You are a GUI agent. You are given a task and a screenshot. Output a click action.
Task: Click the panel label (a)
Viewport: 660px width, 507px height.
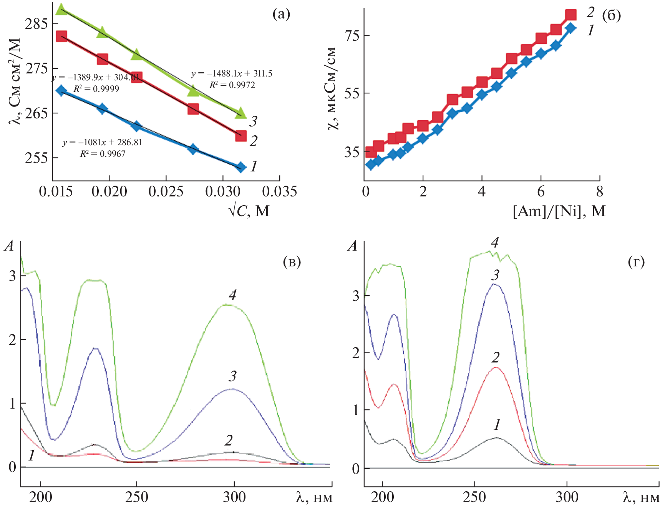click(281, 14)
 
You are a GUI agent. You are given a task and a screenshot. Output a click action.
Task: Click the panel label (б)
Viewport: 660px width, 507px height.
click(611, 15)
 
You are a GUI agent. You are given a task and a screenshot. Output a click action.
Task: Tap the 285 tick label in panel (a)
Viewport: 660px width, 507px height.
click(36, 24)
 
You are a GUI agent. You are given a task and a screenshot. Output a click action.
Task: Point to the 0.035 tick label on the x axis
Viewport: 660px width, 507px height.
click(279, 191)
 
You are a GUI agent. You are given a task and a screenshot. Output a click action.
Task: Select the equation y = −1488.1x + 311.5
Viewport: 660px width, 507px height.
click(232, 74)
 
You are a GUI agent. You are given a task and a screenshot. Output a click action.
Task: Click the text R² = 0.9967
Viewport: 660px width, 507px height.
click(103, 154)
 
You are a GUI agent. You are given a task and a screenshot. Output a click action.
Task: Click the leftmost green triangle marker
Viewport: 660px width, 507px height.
click(61, 10)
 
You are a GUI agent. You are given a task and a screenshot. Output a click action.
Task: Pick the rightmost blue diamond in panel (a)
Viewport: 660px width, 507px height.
click(241, 167)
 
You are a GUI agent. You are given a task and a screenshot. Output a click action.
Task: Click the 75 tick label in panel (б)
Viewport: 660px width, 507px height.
click(352, 35)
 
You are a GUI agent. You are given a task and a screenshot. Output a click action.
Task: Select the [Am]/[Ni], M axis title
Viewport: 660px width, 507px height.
click(559, 211)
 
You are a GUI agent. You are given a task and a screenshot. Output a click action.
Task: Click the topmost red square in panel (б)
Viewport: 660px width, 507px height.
click(571, 15)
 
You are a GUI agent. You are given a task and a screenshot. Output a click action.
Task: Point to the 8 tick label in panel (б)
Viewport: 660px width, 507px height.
click(600, 191)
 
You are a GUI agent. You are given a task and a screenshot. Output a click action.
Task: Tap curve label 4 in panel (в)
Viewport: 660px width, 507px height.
click(232, 295)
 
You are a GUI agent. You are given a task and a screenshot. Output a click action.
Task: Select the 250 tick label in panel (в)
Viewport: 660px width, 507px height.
click(136, 497)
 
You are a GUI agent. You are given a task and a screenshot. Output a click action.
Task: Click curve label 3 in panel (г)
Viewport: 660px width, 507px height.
click(496, 275)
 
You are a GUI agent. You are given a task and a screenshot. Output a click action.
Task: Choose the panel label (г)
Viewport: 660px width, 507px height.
click(636, 262)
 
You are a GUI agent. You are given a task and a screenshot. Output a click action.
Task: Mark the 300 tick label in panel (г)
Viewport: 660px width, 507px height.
click(567, 497)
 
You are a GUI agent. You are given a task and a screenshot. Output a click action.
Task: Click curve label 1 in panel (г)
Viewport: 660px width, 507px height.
click(497, 424)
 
